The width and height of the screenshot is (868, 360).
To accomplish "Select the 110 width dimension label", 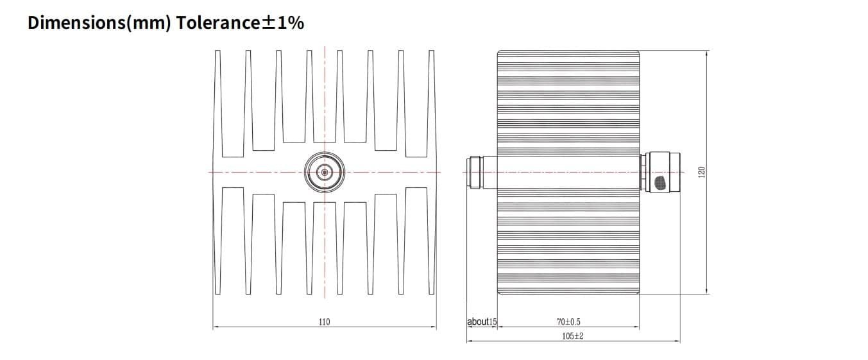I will click(x=325, y=321).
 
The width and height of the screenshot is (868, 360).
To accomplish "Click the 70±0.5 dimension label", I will click(x=568, y=321).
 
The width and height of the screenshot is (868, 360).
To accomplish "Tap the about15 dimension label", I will click(x=482, y=321).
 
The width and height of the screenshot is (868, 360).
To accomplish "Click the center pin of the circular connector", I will click(x=325, y=172).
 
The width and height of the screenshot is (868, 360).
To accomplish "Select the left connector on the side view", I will click(x=474, y=172).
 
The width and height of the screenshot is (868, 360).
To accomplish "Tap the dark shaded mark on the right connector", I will click(x=660, y=184).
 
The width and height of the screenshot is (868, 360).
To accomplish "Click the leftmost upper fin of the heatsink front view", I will click(x=218, y=103).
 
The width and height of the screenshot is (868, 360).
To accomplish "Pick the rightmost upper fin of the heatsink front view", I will click(x=431, y=103).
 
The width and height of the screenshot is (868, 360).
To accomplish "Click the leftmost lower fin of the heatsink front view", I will click(x=218, y=241).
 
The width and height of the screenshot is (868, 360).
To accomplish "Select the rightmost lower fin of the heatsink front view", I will click(x=431, y=241).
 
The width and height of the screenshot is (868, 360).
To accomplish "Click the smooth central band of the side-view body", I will click(x=568, y=172).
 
